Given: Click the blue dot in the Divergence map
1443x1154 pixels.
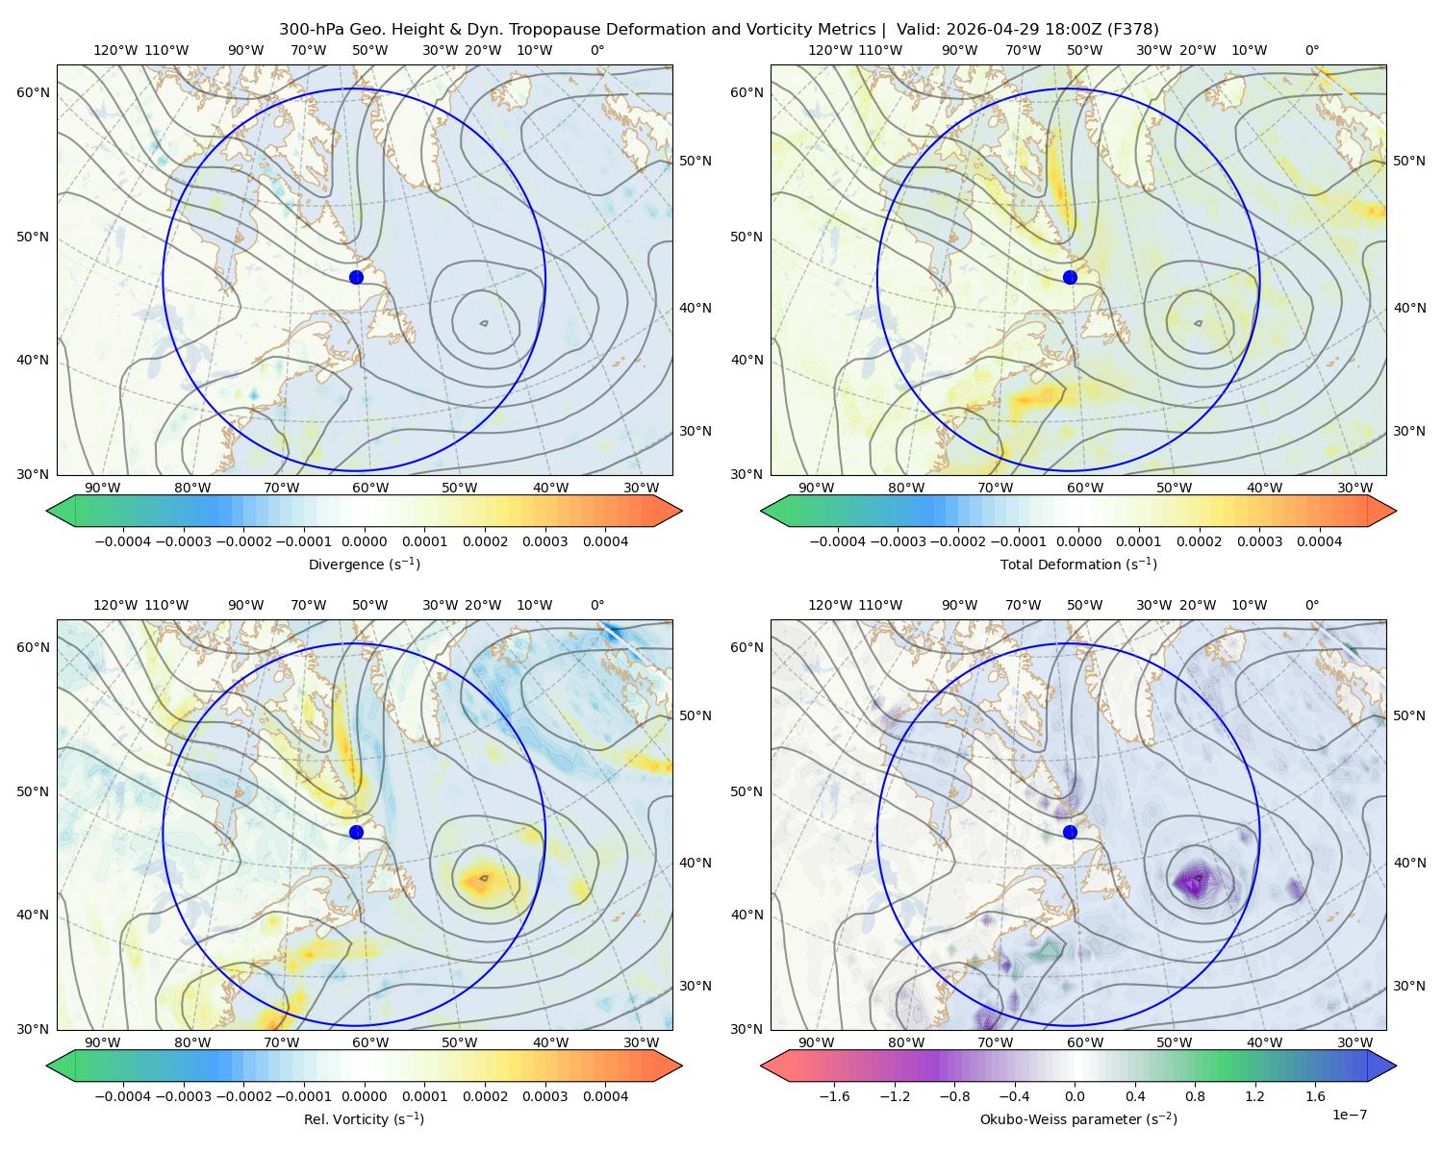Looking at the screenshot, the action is pos(356,277).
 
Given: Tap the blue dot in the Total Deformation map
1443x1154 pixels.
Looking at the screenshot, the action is pos(1070,277).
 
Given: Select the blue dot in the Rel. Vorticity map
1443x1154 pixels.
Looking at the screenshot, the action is pos(356,832).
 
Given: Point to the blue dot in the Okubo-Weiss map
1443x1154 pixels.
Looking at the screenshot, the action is pos(1070,832).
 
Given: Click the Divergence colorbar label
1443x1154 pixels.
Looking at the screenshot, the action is pos(364,564).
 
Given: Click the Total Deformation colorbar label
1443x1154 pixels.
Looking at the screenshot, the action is pos(1078,564).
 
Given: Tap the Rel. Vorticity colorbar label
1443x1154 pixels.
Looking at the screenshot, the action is pos(364,1118).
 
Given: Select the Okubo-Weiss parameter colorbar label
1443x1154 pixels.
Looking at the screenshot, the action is pos(1078,1118).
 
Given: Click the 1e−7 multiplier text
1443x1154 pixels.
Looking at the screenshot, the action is pos(1349,1115).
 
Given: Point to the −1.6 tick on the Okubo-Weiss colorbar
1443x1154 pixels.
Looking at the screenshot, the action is pos(834,1095).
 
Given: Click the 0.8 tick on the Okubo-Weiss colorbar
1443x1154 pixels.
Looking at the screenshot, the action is pos(1195,1095).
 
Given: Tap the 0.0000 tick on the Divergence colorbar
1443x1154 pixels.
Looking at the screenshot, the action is pos(364,541).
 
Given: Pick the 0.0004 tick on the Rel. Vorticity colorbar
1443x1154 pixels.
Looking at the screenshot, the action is pos(605,1095).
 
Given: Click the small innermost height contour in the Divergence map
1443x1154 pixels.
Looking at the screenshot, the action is pos(484,323).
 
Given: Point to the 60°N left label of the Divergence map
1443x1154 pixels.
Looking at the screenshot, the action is pos(33,92).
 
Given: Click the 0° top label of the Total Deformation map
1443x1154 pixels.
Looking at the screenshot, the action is pos(1311,50).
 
